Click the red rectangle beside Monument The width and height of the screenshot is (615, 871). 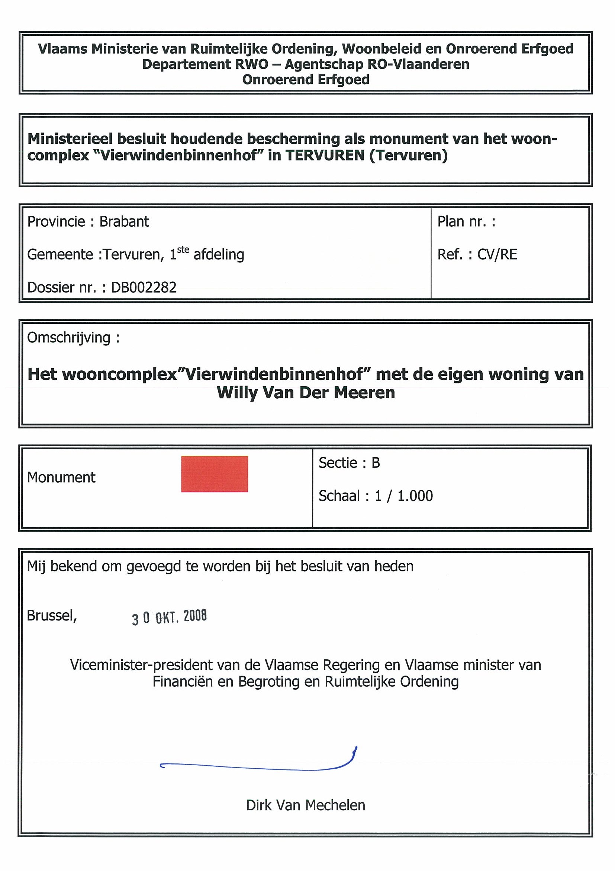tap(215, 474)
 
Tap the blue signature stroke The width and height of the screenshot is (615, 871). tap(258, 767)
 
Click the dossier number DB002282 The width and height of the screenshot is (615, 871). tap(144, 288)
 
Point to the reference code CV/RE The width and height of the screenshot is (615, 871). tap(497, 255)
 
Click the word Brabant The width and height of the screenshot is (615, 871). tap(124, 221)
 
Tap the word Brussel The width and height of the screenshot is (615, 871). tap(52, 615)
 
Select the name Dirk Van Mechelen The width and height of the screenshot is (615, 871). tap(305, 805)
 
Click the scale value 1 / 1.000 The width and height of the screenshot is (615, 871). tap(403, 496)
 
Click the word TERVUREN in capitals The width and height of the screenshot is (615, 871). tap(325, 156)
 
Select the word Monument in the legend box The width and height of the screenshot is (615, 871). tap(61, 477)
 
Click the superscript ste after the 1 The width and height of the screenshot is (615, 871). tap(183, 250)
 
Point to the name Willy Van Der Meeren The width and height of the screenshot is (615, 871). tap(305, 393)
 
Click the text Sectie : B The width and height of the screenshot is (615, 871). tap(349, 463)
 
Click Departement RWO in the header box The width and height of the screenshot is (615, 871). tap(205, 64)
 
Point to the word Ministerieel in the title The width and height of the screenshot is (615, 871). tap(70, 139)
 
